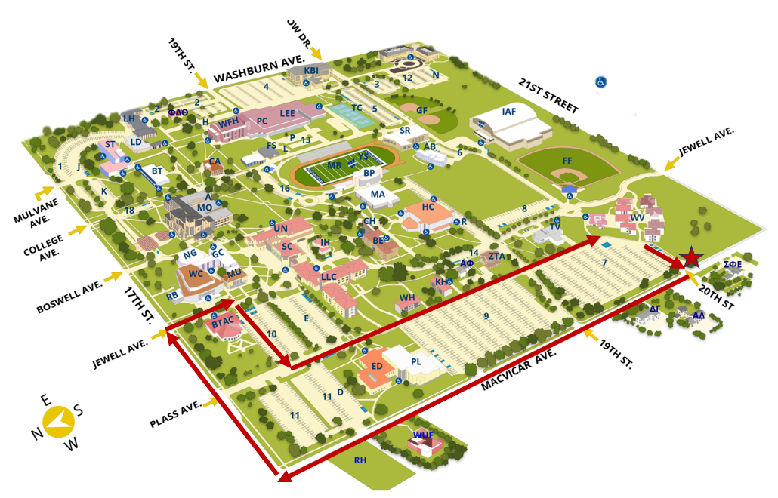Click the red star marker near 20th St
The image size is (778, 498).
tap(690, 258)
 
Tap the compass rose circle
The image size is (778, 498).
tap(57, 422)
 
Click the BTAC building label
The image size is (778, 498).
tap(224, 323)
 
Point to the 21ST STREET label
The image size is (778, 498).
tap(549, 96)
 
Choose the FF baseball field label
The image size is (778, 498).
tap(567, 161)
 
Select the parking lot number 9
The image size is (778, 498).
tap(486, 315)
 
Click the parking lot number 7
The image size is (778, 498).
tap(604, 263)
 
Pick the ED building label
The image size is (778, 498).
tap(377, 367)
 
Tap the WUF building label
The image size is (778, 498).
tap(423, 435)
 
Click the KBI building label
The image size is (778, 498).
tap(311, 70)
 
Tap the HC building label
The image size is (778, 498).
tap(428, 207)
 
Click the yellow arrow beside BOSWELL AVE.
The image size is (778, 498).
tap(116, 276)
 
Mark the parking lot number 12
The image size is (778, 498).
tap(407, 78)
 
